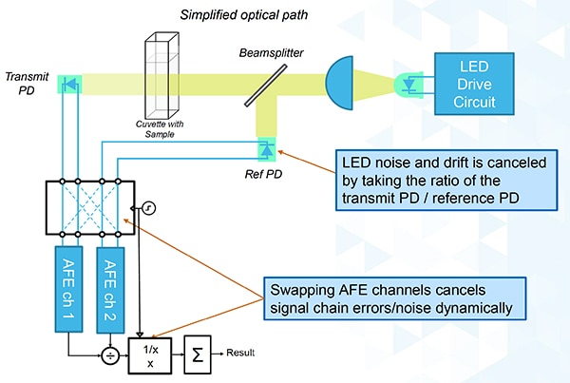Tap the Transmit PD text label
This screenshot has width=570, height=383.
[21, 83]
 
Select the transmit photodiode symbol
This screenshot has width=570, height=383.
[69, 84]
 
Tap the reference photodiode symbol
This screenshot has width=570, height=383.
[268, 148]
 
